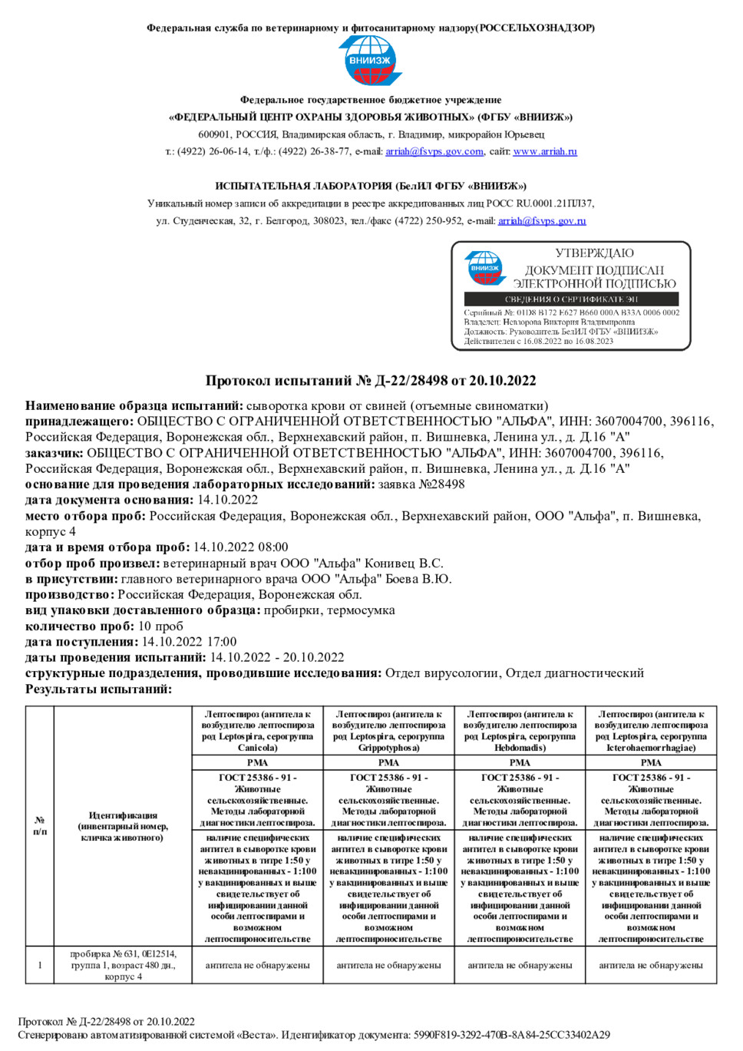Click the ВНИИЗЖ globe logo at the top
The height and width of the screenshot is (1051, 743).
[x=370, y=61]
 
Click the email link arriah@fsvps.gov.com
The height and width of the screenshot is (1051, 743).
[x=434, y=151]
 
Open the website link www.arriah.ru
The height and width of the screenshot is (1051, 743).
[x=544, y=151]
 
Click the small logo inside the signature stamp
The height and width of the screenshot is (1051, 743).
[x=484, y=269]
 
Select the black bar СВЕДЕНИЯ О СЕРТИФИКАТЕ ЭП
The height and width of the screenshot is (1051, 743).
[x=571, y=299]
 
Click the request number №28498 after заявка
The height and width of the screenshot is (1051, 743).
[x=441, y=484]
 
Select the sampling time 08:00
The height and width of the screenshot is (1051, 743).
[x=272, y=547]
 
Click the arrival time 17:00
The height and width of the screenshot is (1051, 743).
[x=221, y=642]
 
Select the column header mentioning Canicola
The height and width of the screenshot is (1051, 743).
[x=257, y=731]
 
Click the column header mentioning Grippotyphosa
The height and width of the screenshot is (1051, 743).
[x=388, y=731]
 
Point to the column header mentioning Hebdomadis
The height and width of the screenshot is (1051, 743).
[x=520, y=731]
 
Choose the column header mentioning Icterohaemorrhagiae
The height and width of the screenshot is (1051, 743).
[x=651, y=731]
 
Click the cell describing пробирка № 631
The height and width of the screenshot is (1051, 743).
[x=123, y=965]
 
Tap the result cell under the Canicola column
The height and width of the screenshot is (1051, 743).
[x=257, y=966]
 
